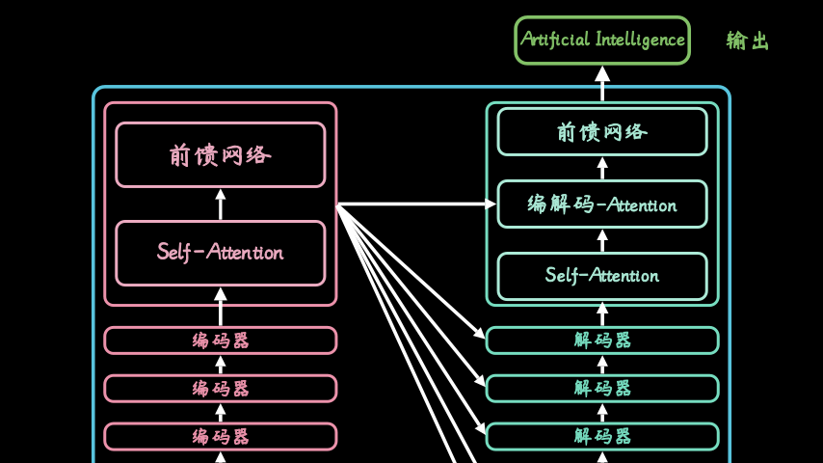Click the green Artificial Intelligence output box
[x=602, y=41]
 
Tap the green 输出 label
[x=748, y=41]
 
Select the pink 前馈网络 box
[x=221, y=155]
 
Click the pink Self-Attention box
[x=221, y=254]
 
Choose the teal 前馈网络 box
[x=602, y=132]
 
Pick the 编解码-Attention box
[x=602, y=204]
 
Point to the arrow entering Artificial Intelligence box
[x=602, y=84]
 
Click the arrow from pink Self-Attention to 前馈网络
[x=221, y=204]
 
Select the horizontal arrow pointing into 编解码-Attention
[x=416, y=204]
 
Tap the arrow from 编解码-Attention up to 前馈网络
[x=602, y=168]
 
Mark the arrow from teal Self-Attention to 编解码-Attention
[x=602, y=241]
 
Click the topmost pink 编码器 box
[x=221, y=340]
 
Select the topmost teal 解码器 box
[x=602, y=340]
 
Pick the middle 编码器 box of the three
[x=221, y=389]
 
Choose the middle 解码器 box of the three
[x=602, y=389]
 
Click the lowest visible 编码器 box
[x=221, y=437]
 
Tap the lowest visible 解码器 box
[x=602, y=437]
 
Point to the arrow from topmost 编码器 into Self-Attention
[x=221, y=307]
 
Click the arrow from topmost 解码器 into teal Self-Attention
[x=602, y=314]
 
